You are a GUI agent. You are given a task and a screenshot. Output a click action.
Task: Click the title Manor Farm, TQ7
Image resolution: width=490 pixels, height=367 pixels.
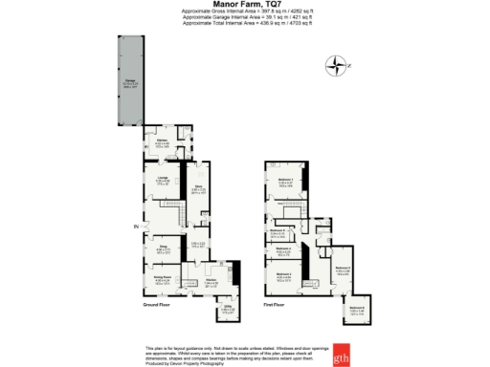point(244,5)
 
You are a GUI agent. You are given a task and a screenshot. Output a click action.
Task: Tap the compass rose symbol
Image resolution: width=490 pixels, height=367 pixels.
point(336,66)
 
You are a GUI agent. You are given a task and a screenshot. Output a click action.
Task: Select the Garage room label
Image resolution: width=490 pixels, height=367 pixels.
point(128,81)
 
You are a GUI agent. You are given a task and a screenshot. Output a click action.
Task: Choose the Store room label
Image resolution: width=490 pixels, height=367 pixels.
point(199,188)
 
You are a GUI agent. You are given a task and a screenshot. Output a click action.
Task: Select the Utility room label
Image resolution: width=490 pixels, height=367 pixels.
point(228,309)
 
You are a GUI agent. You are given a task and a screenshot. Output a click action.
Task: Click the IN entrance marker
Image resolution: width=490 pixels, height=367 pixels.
point(136,226)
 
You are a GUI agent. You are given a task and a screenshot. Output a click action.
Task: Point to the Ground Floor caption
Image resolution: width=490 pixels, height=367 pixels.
point(157,306)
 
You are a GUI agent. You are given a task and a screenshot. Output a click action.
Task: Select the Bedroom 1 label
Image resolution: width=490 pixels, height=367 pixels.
point(284,179)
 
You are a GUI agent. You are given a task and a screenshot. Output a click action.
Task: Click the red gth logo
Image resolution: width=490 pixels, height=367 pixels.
point(342,358)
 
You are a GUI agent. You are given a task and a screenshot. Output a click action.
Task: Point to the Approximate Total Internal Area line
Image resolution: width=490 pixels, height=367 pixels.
point(244,26)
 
